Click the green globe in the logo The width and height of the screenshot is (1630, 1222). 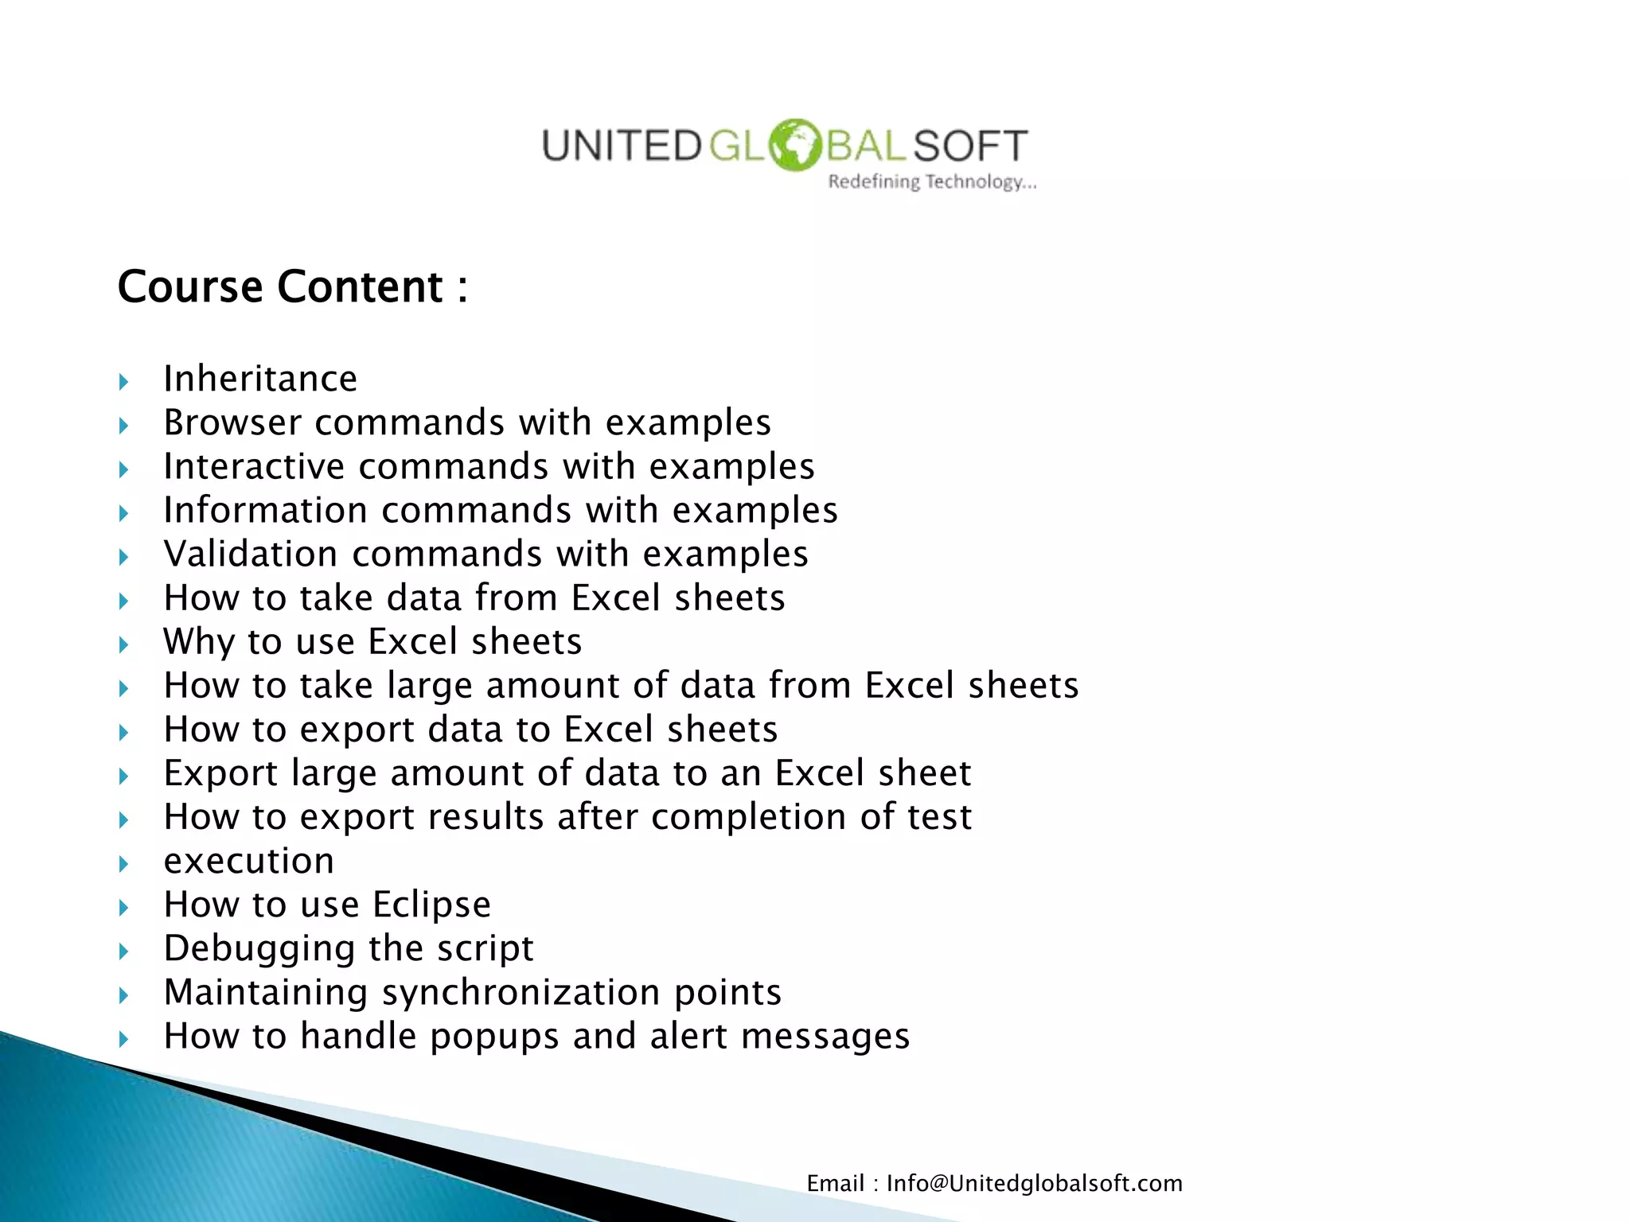tap(795, 145)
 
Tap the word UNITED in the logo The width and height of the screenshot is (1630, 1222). tap(621, 146)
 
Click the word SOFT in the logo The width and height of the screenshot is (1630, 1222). tap(970, 146)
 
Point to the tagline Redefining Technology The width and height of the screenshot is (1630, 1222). tap(932, 182)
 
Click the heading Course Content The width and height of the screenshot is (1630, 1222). tap(292, 286)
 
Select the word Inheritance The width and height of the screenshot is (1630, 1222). tap(260, 379)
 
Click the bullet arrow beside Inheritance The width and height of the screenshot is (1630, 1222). tap(123, 382)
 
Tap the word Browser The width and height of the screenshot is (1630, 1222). tap(232, 422)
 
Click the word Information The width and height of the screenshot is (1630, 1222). tap(265, 510)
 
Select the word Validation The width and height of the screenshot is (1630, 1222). tap(251, 554)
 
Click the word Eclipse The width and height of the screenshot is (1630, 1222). tap(431, 905)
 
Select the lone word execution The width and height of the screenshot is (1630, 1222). tap(248, 862)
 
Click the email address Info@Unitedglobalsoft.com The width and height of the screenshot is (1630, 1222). tap(1034, 1184)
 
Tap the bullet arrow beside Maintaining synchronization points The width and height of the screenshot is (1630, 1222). tap(123, 995)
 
